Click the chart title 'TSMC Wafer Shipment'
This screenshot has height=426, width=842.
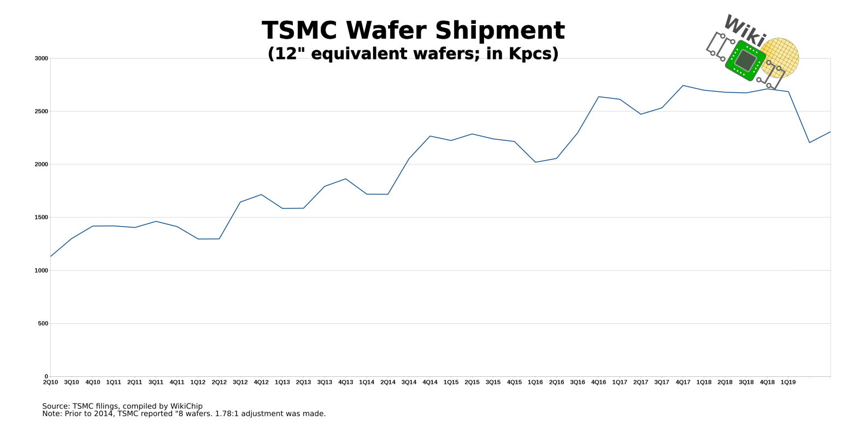pos(413,31)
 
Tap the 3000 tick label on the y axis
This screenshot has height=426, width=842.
pos(42,58)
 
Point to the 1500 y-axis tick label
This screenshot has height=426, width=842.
pos(42,217)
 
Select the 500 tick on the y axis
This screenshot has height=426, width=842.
pos(43,323)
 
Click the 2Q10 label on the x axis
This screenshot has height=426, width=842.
pos(50,382)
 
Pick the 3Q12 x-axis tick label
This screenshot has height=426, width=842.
pos(240,382)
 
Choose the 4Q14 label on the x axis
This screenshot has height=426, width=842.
pos(430,382)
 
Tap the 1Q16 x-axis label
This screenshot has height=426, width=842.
pos(535,382)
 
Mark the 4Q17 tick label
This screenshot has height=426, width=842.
pos(682,382)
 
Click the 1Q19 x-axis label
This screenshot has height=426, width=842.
pos(788,382)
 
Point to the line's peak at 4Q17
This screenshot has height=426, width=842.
pos(683,85)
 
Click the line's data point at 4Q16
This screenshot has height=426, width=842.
pos(599,97)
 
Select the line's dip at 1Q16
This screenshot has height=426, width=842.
pos(535,162)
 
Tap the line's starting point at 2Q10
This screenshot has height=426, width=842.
pos(51,256)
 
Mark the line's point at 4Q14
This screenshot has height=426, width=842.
pos(430,136)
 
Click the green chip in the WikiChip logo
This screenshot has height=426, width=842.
pos(745,60)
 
